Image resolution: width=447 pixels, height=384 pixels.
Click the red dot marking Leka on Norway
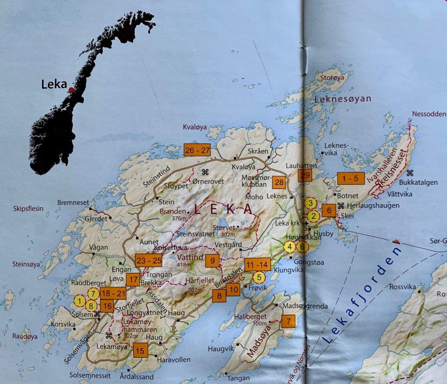click(x=71, y=90)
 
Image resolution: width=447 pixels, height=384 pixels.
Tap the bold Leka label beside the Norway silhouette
click(x=54, y=84)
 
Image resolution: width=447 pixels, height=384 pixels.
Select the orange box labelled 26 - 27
click(x=197, y=149)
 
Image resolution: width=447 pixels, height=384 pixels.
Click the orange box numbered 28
click(x=279, y=183)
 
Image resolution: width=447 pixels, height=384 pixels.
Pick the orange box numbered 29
click(x=305, y=176)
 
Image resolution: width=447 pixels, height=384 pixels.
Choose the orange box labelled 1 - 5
click(x=351, y=178)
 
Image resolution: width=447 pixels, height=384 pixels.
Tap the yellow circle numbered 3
click(x=310, y=203)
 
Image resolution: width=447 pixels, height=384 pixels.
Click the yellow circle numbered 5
click(x=259, y=277)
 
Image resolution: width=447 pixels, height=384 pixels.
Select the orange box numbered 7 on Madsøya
click(x=288, y=322)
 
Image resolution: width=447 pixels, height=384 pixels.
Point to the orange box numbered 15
click(x=140, y=350)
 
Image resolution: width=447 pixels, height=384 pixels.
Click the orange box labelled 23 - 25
click(x=148, y=260)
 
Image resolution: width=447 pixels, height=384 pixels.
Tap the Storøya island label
click(x=330, y=79)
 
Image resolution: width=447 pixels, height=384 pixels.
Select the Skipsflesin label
click(x=28, y=208)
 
